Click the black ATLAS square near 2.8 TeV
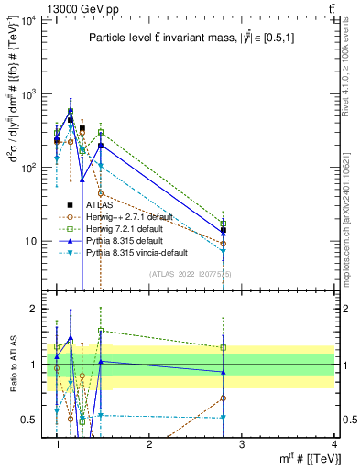pos(223,230)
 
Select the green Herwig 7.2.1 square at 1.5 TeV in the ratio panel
pos(101,331)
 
